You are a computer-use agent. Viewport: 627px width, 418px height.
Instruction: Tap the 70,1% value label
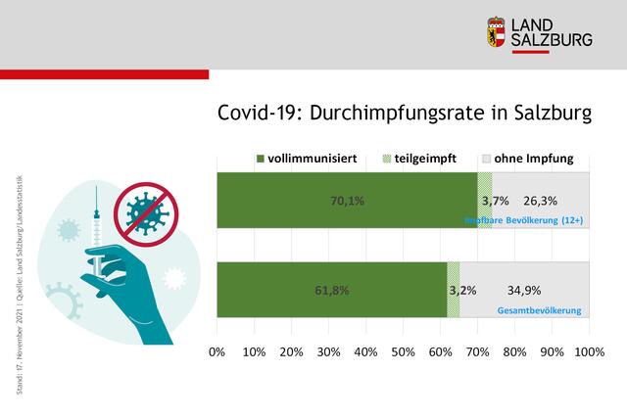point(347,201)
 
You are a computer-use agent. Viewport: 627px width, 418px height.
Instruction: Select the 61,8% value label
point(331,290)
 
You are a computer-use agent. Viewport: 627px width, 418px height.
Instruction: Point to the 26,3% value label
point(540,201)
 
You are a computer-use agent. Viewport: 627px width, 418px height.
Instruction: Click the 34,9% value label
point(524,290)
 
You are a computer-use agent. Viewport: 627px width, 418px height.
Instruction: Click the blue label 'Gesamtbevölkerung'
point(540,310)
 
